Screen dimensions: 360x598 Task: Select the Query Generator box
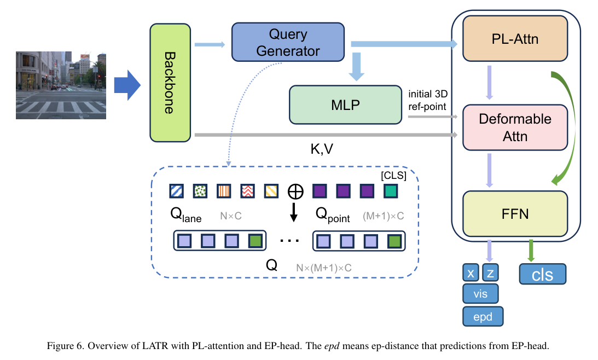[x=288, y=42]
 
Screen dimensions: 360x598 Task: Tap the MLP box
[x=345, y=104]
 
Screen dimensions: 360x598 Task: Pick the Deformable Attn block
[x=514, y=127]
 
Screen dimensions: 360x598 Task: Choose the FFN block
[x=515, y=213]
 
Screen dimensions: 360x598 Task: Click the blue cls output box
[x=543, y=275]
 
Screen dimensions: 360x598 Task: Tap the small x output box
[x=470, y=274]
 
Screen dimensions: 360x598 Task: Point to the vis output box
[x=480, y=294]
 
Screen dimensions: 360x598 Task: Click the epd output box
[x=482, y=316]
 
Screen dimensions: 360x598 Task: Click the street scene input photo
[x=61, y=85]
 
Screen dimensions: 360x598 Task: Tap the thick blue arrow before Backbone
[x=127, y=85]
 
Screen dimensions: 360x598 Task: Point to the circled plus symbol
[x=295, y=191]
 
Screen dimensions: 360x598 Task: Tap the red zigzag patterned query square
[x=248, y=190]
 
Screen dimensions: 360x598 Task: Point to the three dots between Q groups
[x=289, y=240]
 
